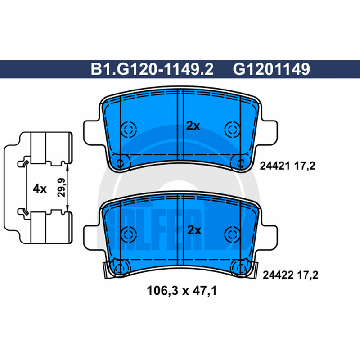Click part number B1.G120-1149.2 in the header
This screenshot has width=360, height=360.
(x=152, y=69)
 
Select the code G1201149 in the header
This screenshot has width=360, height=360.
(x=271, y=69)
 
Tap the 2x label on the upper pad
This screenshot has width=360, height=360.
(x=193, y=126)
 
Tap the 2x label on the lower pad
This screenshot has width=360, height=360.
(x=194, y=230)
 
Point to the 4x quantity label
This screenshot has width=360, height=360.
(x=40, y=189)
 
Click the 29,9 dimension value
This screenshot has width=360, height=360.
(x=61, y=188)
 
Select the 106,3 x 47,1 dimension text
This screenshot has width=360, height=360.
(x=182, y=291)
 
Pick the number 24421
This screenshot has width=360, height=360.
(x=274, y=166)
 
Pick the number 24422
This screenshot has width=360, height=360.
(x=278, y=275)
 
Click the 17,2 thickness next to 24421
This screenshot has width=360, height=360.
(x=305, y=166)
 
